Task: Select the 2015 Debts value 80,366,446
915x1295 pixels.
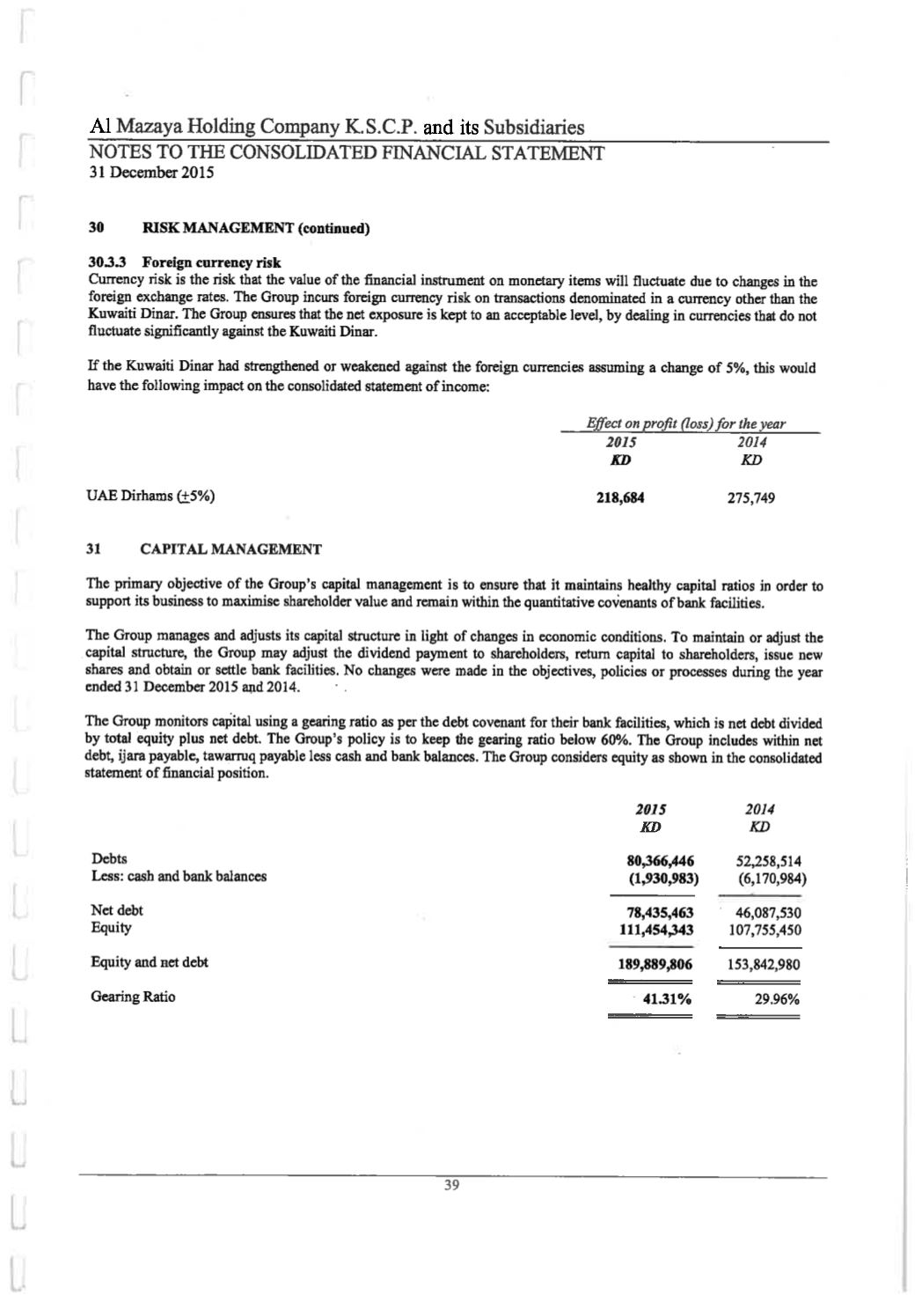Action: pos(657,861)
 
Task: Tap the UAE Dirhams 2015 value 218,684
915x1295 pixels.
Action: pos(620,498)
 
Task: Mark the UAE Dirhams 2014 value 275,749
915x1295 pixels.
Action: pos(750,498)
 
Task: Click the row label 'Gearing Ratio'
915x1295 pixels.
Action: pos(133,997)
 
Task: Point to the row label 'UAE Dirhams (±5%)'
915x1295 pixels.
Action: pos(150,496)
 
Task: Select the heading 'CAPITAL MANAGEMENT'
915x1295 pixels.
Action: pos(231,549)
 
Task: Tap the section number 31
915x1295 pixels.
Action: pos(96,549)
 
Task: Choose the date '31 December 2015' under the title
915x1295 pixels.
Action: pos(152,173)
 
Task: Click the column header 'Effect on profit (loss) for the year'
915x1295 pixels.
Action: pos(686,424)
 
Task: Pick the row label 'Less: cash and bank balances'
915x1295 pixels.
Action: pos(179,876)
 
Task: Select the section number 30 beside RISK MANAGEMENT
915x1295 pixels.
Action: pos(98,229)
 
